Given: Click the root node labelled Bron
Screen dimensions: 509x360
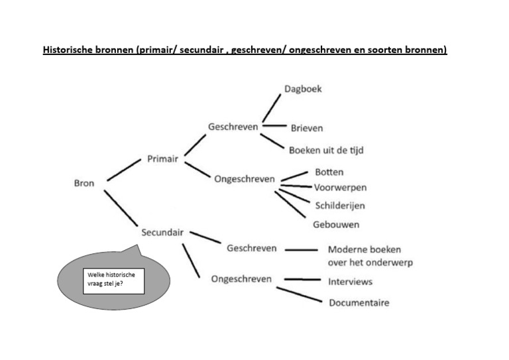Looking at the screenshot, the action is click(x=84, y=183).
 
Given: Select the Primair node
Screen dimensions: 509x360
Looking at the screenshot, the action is click(x=162, y=158).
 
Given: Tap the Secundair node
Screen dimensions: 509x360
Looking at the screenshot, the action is click(x=162, y=233).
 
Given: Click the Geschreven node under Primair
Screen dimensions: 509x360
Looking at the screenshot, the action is click(x=233, y=127).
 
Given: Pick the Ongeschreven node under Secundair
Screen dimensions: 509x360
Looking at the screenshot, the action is click(x=241, y=279).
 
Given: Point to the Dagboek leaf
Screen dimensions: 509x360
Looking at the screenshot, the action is click(x=303, y=89).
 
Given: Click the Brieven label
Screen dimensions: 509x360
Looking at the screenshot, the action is click(x=307, y=128).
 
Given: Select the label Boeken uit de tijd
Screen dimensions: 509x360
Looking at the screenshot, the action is click(x=326, y=150).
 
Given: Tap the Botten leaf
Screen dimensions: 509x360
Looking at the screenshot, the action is click(x=329, y=172).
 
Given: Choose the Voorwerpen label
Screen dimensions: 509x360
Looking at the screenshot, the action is click(x=340, y=188).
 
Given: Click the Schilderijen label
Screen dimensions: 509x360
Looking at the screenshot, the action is click(x=340, y=206).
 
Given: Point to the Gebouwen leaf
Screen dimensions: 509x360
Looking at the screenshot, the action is click(x=336, y=225).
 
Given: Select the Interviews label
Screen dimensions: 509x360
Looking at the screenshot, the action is click(x=350, y=282).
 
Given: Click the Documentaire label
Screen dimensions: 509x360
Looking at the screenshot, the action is click(x=359, y=302).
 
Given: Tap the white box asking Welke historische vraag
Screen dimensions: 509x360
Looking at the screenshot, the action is click(x=113, y=281).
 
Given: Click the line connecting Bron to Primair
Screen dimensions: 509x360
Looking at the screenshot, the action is click(x=124, y=170).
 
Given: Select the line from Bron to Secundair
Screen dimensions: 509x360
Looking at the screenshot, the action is click(x=121, y=208).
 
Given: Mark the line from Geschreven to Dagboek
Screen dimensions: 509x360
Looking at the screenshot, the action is click(x=272, y=108).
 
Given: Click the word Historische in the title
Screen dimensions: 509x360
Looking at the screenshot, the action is click(x=68, y=50).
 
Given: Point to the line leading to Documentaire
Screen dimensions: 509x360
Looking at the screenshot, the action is click(x=300, y=294).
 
